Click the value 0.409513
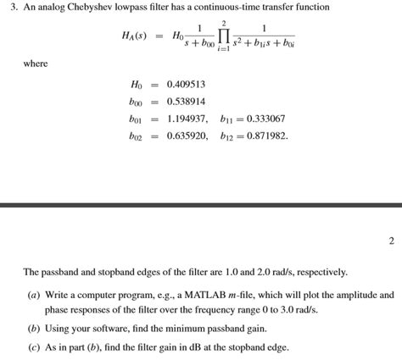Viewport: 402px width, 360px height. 187,85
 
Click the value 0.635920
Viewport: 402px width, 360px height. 187,136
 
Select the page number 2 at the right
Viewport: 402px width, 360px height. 391,241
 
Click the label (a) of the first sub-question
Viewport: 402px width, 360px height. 33,296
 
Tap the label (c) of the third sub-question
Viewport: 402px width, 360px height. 33,347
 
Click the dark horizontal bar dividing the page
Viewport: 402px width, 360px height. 201,205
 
